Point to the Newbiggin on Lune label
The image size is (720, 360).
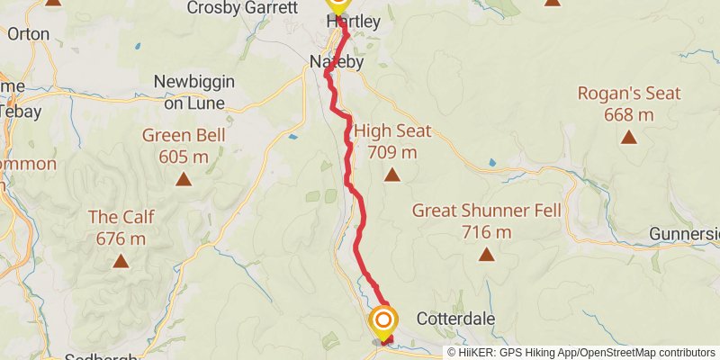pos(193,91)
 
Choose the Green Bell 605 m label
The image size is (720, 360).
pos(184,147)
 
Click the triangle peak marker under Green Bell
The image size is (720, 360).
pos(184,179)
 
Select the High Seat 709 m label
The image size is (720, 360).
pos(391,141)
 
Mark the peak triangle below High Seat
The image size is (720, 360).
pos(391,174)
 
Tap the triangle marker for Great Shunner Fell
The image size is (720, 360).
pos(487,254)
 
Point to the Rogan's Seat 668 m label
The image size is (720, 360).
pos(628,103)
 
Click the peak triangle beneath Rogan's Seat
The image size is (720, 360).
pos(628,138)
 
